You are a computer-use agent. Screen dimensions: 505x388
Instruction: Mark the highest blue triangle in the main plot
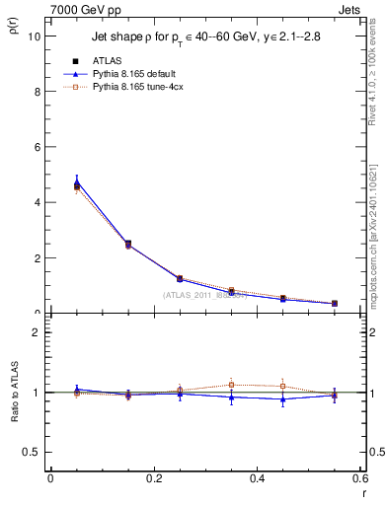pyautogui.click(x=76, y=181)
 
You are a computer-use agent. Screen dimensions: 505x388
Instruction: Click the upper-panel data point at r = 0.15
pyautogui.click(x=127, y=244)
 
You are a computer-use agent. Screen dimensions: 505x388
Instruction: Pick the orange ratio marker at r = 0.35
pyautogui.click(x=231, y=385)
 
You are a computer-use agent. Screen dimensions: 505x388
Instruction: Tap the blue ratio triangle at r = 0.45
pyautogui.click(x=282, y=399)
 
